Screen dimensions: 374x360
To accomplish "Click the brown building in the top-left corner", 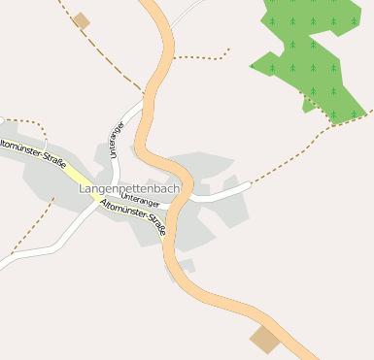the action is pos(82,20).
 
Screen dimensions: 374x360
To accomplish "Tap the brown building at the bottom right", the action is pos(263,339).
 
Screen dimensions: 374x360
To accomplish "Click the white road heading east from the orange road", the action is pos(223,194).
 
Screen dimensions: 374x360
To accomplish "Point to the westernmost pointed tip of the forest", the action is pos(251,66).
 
